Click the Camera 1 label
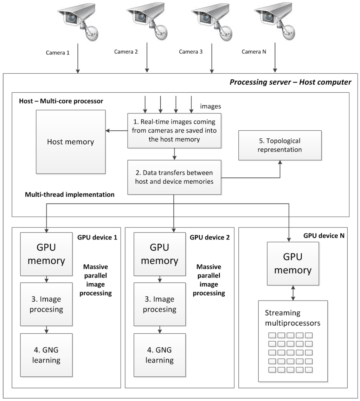pos(58,53)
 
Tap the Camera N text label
pos(254,52)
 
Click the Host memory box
pos(71,142)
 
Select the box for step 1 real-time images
pos(174,130)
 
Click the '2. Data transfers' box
pos(174,177)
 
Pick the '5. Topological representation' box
pos(280,145)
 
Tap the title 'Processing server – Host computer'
pos(290,82)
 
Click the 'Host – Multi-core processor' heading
pos(61,101)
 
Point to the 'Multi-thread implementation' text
pos(70,195)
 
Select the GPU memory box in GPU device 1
pos(46,254)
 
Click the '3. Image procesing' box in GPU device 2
pos(159,304)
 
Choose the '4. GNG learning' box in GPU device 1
pos(46,355)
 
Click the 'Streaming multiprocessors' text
pos(292,318)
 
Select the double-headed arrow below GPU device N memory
pos(293,293)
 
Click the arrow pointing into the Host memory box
pos(116,131)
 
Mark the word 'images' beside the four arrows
pos(210,106)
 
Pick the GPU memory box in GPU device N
pos(293,263)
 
